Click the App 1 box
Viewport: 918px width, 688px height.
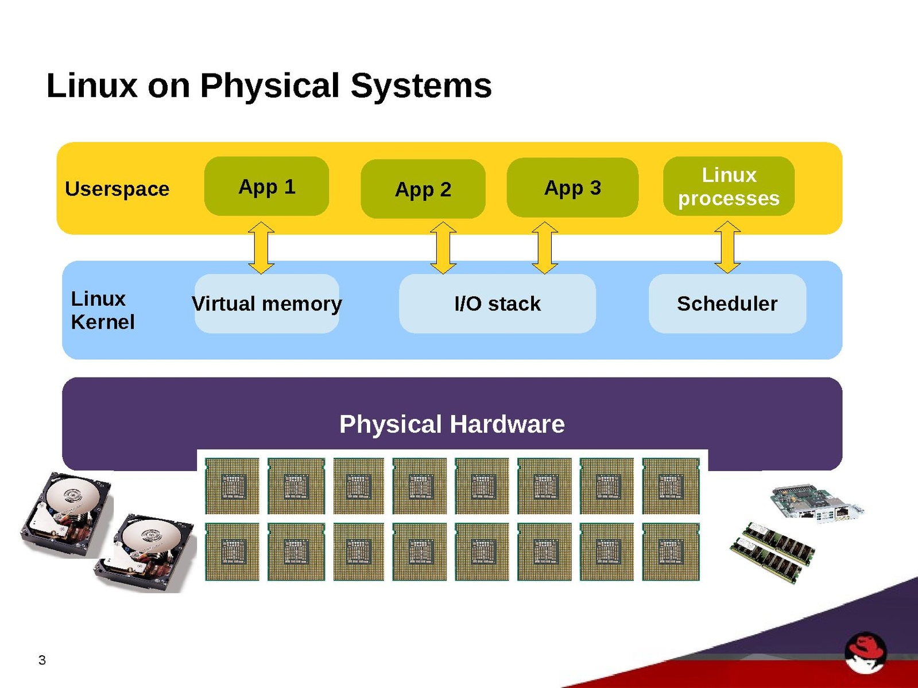tap(266, 186)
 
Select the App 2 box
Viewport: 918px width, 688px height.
tap(423, 189)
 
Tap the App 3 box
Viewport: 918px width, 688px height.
tap(572, 188)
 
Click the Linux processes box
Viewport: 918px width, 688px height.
tap(729, 186)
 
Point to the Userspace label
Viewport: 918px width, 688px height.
tap(117, 189)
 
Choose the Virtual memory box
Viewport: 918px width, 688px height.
tap(267, 304)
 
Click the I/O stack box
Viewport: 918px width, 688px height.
tap(497, 304)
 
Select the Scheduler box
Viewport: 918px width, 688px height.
tap(727, 304)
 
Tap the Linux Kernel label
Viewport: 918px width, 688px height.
tap(102, 310)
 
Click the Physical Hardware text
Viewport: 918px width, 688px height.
tap(452, 425)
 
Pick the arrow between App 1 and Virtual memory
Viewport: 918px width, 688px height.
tap(261, 247)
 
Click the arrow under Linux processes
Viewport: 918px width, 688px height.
tap(727, 247)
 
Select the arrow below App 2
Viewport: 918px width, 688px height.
tap(443, 247)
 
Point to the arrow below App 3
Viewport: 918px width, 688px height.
tap(545, 247)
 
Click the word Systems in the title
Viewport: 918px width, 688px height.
tap(421, 85)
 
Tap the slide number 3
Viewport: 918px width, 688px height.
tap(42, 660)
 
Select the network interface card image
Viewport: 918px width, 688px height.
tap(816, 503)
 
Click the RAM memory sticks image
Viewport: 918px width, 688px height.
tap(772, 552)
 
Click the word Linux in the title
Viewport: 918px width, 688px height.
tap(92, 85)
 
